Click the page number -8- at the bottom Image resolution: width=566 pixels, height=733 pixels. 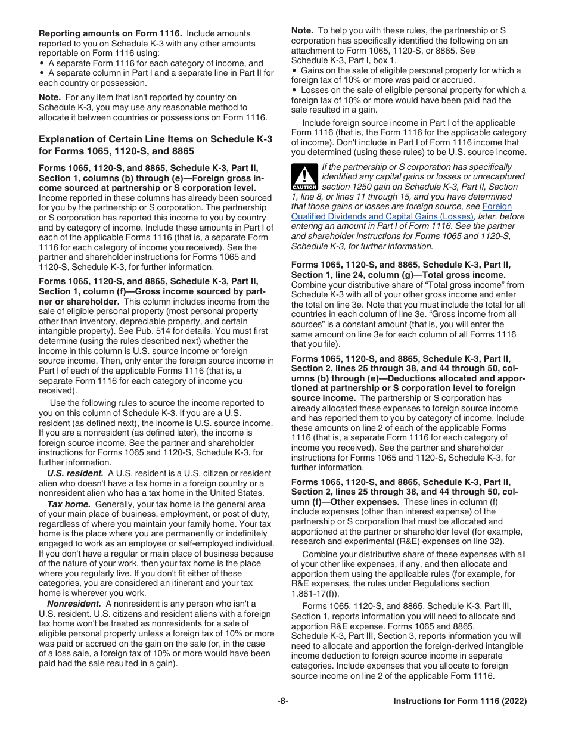pyautogui.click(x=283, y=701)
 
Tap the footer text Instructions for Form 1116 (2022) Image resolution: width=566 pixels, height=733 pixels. pyautogui.click(x=460, y=701)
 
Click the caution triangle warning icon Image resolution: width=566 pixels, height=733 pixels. pyautogui.click(x=304, y=177)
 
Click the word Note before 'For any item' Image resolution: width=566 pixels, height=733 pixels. pyautogui.click(x=49, y=97)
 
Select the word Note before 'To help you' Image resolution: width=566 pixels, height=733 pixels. pyautogui.click(x=301, y=30)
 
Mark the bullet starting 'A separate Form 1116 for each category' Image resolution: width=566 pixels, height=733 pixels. pyautogui.click(x=155, y=63)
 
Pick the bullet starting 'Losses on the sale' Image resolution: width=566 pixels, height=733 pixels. pyautogui.click(x=409, y=90)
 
